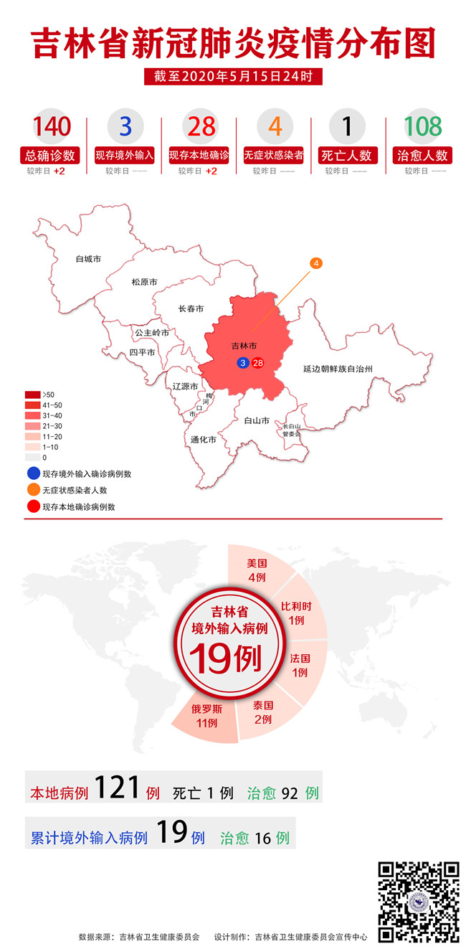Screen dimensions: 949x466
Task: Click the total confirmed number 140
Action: (52, 127)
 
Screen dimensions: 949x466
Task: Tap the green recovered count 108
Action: (422, 127)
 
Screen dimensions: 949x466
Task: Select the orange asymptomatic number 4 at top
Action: (274, 127)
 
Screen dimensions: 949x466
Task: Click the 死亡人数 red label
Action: (347, 155)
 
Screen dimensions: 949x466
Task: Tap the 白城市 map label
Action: (88, 258)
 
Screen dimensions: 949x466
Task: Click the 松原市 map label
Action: (144, 283)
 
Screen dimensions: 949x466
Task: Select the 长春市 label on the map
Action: (191, 309)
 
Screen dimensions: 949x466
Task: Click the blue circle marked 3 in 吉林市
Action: (244, 363)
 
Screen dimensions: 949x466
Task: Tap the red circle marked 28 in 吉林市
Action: (258, 363)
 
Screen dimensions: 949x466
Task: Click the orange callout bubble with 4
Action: (315, 263)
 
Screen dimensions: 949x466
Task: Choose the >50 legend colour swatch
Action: (32, 395)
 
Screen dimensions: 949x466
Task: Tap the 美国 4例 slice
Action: (257, 569)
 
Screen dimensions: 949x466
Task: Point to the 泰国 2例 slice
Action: (262, 712)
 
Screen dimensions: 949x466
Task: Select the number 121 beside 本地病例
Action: (117, 788)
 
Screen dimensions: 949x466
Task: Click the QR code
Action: (419, 901)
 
